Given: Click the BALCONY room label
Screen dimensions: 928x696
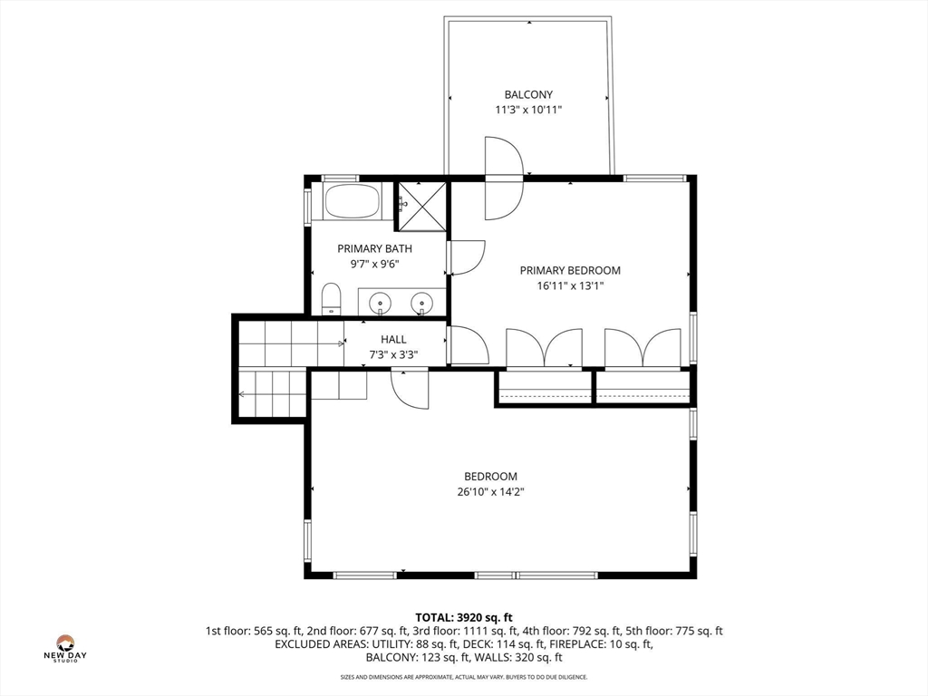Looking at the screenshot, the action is (x=528, y=94).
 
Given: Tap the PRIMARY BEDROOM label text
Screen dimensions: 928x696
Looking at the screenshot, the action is (x=570, y=270).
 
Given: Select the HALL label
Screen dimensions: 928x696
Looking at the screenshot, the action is (x=393, y=339).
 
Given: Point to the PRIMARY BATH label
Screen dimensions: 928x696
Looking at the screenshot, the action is (x=374, y=248).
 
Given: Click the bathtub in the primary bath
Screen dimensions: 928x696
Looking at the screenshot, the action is (x=353, y=201).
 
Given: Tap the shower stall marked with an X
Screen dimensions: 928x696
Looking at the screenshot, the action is (x=421, y=207).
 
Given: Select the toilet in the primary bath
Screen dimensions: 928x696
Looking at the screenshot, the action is (x=332, y=299).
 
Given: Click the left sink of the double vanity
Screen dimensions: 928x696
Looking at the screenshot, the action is (x=380, y=304).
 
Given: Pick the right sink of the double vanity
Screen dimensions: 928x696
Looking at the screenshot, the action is (x=422, y=304).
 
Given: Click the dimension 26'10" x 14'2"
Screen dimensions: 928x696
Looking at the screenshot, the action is (x=490, y=491).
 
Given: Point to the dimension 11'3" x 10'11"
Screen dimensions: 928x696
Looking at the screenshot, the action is (x=528, y=110).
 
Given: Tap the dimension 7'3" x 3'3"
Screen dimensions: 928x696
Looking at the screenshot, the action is (x=393, y=355).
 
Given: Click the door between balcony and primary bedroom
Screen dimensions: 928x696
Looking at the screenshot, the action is (x=504, y=178).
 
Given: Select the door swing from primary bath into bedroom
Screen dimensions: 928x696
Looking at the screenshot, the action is (x=468, y=258).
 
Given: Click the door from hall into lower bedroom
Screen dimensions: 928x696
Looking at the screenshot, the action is (x=410, y=388).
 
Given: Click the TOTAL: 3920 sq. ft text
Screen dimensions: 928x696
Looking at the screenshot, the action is (x=463, y=618).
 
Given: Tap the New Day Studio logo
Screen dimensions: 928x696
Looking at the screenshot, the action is (x=65, y=648).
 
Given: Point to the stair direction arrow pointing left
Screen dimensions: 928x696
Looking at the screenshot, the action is (x=273, y=393).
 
